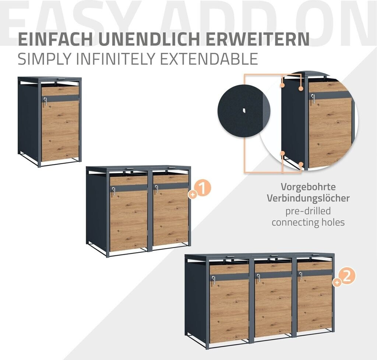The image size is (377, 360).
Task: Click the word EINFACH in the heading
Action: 55,39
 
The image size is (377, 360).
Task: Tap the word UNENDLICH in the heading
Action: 149,39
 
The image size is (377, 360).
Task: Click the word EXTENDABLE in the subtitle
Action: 209,59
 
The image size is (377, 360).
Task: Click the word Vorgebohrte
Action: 308,187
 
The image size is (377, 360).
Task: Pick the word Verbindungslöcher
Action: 308,198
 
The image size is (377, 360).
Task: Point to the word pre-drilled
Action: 308,211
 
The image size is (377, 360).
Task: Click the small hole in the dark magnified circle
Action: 244,110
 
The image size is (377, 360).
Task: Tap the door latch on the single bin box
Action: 45,100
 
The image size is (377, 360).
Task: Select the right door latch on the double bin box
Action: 156,189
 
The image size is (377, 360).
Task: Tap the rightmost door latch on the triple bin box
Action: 300,276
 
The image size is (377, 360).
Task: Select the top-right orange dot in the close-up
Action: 300,88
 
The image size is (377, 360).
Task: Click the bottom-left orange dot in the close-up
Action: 283,153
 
